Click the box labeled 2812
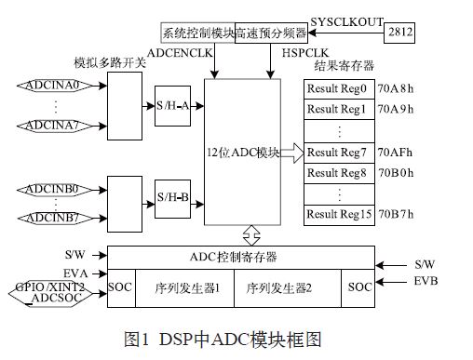(x=399, y=33)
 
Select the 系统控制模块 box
(x=197, y=33)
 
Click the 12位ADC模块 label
(x=243, y=152)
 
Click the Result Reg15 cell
(x=336, y=214)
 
